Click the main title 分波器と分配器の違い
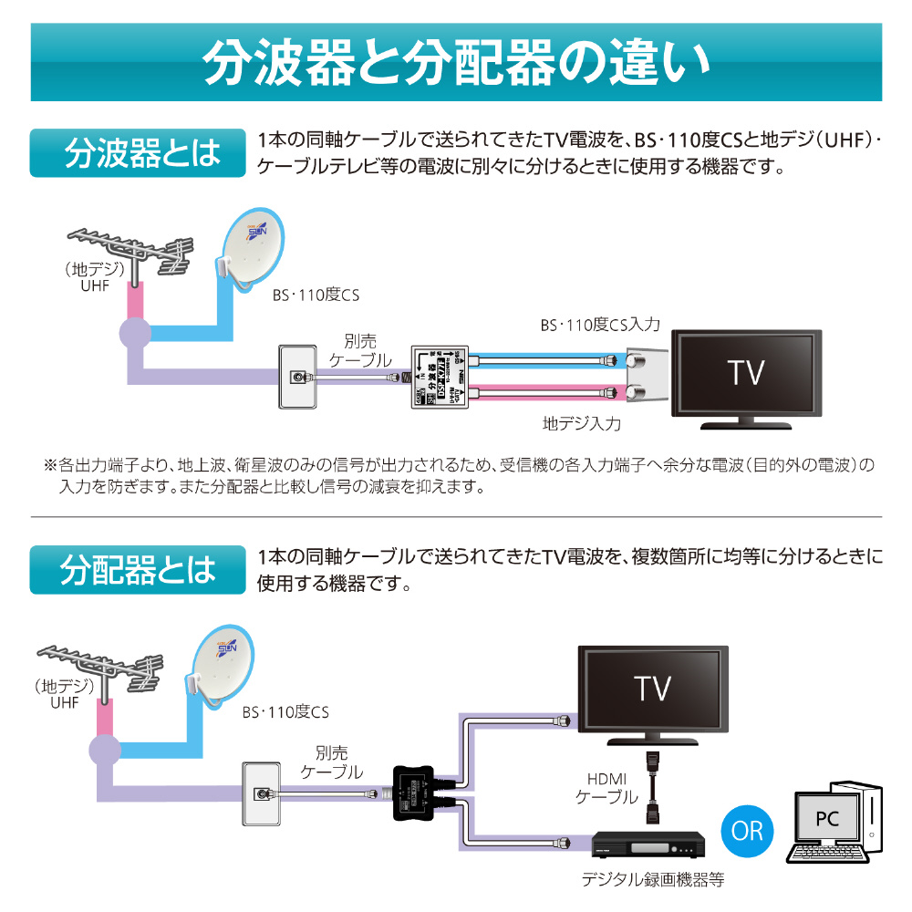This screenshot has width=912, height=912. pyautogui.click(x=456, y=61)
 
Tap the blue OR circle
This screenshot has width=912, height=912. pyautogui.click(x=746, y=830)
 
